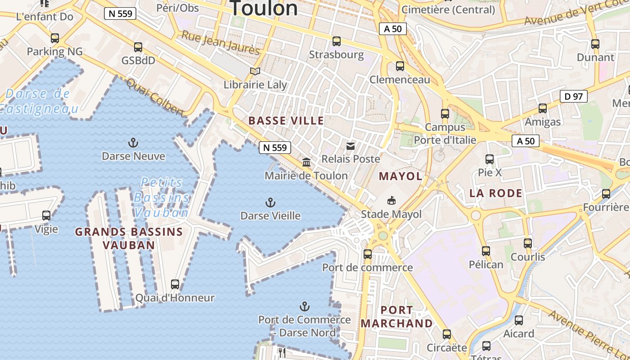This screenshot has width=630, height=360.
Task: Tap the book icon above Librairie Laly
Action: point(255,71)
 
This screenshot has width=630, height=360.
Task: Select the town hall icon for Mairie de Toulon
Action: point(306,162)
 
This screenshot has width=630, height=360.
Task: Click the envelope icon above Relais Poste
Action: point(351,146)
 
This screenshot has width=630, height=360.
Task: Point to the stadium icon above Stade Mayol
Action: point(391,200)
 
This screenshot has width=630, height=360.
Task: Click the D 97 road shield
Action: point(574,96)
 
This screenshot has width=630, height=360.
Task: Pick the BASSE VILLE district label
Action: point(286,121)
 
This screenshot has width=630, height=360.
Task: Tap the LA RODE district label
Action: point(496,193)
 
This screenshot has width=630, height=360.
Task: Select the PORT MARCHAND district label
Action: point(396,317)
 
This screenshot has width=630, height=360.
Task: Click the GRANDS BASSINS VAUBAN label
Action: point(129,238)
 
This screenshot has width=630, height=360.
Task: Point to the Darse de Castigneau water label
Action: point(38,101)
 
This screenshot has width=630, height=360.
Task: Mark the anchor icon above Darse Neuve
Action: point(133,143)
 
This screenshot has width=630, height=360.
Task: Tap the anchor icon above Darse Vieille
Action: point(270,202)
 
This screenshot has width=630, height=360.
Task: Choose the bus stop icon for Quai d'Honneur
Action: point(175,284)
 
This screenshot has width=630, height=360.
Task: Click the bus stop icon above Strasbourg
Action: point(336,41)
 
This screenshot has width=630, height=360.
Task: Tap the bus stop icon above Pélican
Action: point(486,251)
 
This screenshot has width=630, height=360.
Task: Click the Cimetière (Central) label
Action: point(448,9)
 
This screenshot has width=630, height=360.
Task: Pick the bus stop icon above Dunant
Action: point(595,44)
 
